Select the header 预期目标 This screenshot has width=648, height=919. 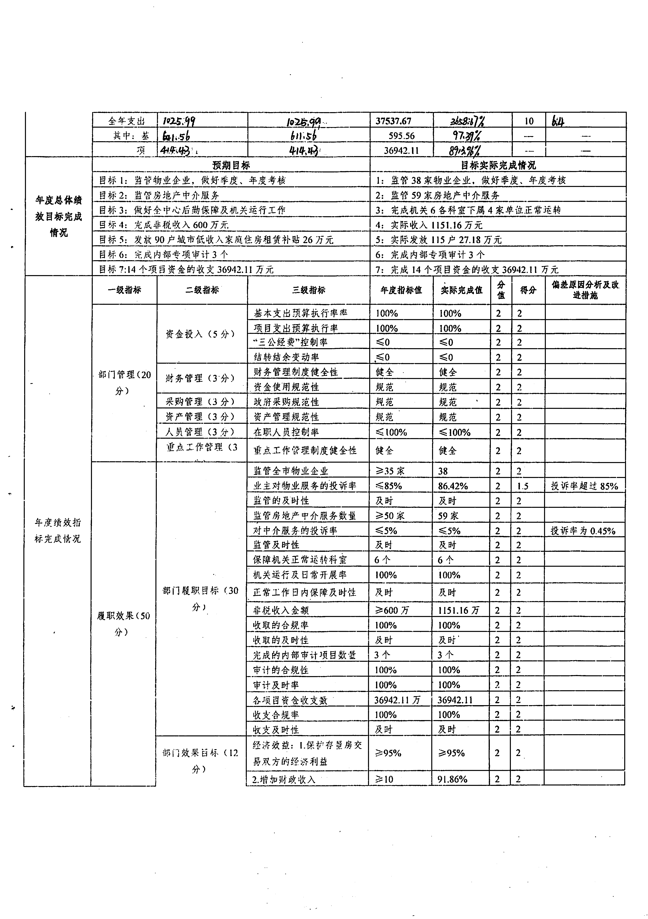(x=231, y=165)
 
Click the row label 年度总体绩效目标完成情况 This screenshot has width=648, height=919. (x=59, y=216)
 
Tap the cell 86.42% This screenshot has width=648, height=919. (x=453, y=486)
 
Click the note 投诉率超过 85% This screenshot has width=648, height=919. (x=584, y=486)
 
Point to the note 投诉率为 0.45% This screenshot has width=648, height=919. (x=583, y=531)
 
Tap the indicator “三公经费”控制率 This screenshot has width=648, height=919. (x=290, y=342)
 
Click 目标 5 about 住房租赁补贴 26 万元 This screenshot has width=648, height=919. (x=216, y=240)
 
